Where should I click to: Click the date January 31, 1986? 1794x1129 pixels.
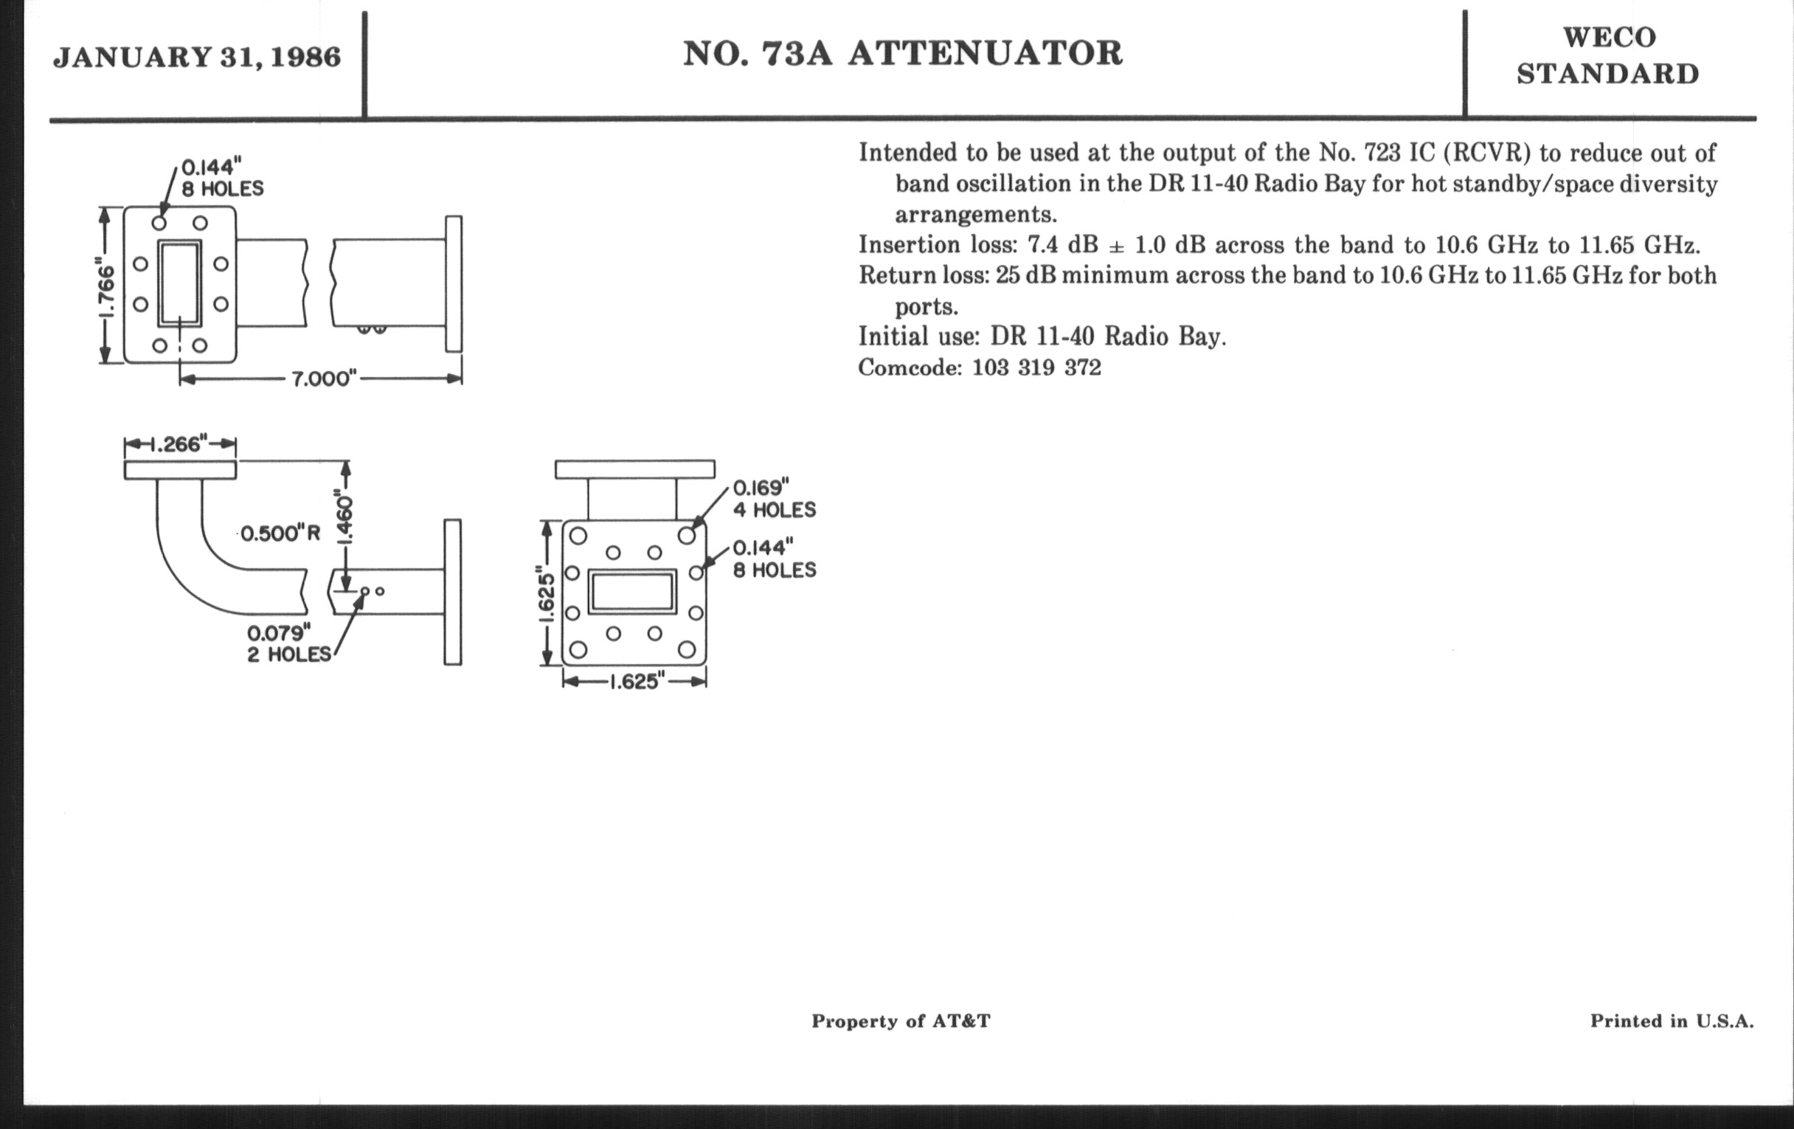197,58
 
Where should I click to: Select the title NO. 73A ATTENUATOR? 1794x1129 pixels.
902,54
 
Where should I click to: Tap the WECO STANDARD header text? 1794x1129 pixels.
1608,56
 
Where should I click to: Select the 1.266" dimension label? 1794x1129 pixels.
179,445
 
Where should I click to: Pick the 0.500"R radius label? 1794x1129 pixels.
280,534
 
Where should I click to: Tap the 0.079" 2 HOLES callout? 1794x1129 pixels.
289,644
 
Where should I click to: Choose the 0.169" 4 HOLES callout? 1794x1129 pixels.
774,500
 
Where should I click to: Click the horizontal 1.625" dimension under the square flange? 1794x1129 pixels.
634,682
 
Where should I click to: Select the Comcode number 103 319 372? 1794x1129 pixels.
1036,368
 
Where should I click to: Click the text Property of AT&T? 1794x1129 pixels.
901,1021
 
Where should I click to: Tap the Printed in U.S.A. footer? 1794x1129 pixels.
1671,1021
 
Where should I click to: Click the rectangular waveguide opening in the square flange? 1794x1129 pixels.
631,593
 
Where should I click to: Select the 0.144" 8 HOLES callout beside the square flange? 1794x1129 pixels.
774,559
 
